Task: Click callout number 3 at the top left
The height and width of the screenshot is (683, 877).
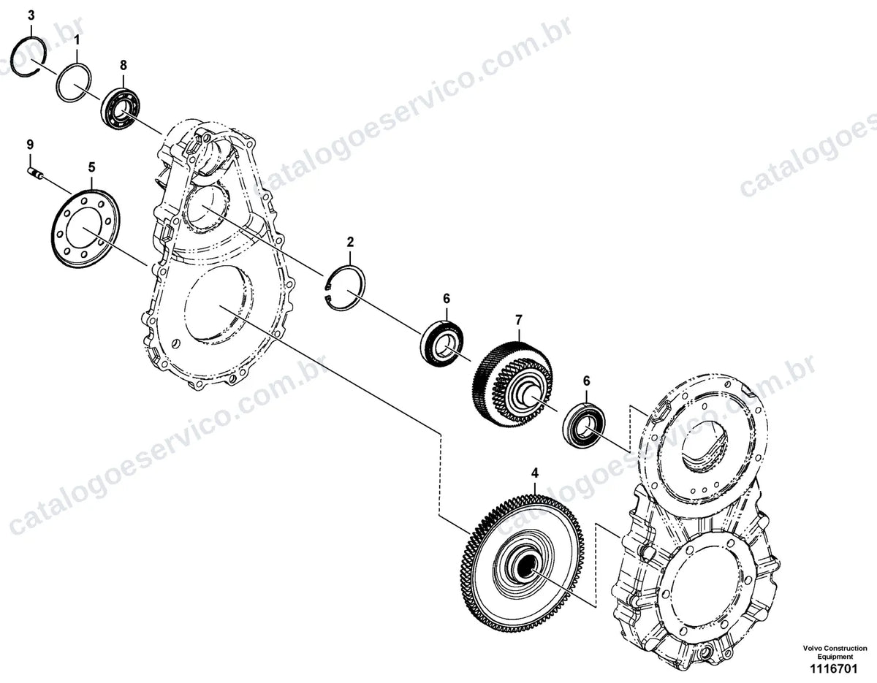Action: point(31,16)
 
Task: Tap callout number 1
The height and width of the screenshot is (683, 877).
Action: point(77,40)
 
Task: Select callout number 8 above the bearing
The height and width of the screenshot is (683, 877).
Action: point(124,65)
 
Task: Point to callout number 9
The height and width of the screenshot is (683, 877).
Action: point(30,145)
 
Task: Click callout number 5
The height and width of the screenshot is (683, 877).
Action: point(91,167)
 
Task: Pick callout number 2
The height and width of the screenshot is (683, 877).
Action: point(350,242)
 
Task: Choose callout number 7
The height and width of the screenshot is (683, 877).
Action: point(519,320)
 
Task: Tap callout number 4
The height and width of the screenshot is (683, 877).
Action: point(535,473)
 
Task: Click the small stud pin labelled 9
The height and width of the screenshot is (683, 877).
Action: point(36,174)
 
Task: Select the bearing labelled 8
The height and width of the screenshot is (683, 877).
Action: point(121,109)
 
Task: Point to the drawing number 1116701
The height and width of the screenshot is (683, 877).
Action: point(833,669)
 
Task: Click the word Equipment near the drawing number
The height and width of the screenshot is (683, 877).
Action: point(835,657)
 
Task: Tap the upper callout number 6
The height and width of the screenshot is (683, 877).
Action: point(446,299)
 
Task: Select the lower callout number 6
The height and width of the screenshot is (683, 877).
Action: point(586,381)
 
